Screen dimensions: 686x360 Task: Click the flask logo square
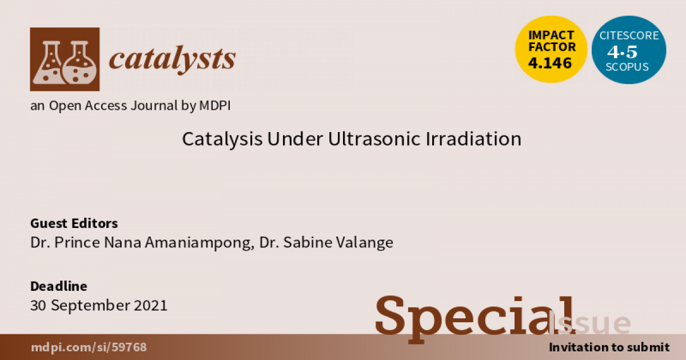pyautogui.click(x=65, y=59)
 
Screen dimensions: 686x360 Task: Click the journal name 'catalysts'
pyautogui.click(x=173, y=59)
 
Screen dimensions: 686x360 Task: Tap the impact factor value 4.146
pyautogui.click(x=550, y=63)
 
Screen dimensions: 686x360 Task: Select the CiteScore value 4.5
pyautogui.click(x=623, y=52)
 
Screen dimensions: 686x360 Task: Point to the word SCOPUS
pyautogui.click(x=627, y=67)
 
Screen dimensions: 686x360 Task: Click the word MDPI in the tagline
pyautogui.click(x=215, y=106)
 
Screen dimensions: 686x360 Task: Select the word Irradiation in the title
pyautogui.click(x=473, y=139)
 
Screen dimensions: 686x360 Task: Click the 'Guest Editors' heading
pyautogui.click(x=74, y=223)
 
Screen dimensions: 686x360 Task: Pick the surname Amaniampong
pyautogui.click(x=200, y=243)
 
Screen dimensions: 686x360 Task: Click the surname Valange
pyautogui.click(x=365, y=243)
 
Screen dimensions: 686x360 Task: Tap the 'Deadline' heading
pyautogui.click(x=59, y=286)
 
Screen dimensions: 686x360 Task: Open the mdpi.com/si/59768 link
pyautogui.click(x=89, y=347)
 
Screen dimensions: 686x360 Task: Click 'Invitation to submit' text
pyautogui.click(x=609, y=347)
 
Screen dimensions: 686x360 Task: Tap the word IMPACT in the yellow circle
pyautogui.click(x=551, y=35)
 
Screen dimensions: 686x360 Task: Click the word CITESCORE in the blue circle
pyautogui.click(x=629, y=35)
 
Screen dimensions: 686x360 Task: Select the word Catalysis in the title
pyautogui.click(x=222, y=139)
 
